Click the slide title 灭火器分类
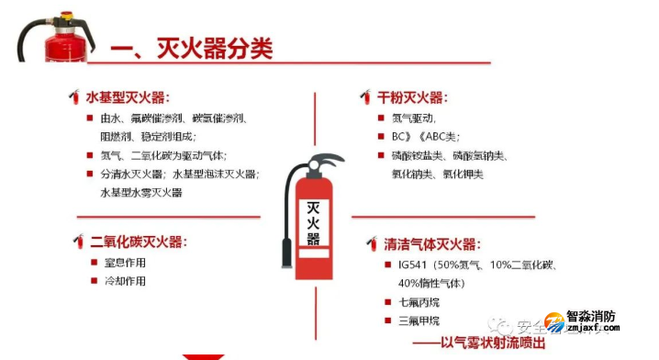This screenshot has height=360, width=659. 216,47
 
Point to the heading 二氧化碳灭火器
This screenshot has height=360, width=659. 139,242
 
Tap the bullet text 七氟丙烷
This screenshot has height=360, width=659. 419,302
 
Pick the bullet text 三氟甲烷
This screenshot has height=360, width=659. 419,321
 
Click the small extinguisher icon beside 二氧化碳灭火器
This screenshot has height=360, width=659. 79,242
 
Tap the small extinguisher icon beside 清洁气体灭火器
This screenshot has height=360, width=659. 372,244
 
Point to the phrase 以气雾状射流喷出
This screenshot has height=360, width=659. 492,343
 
